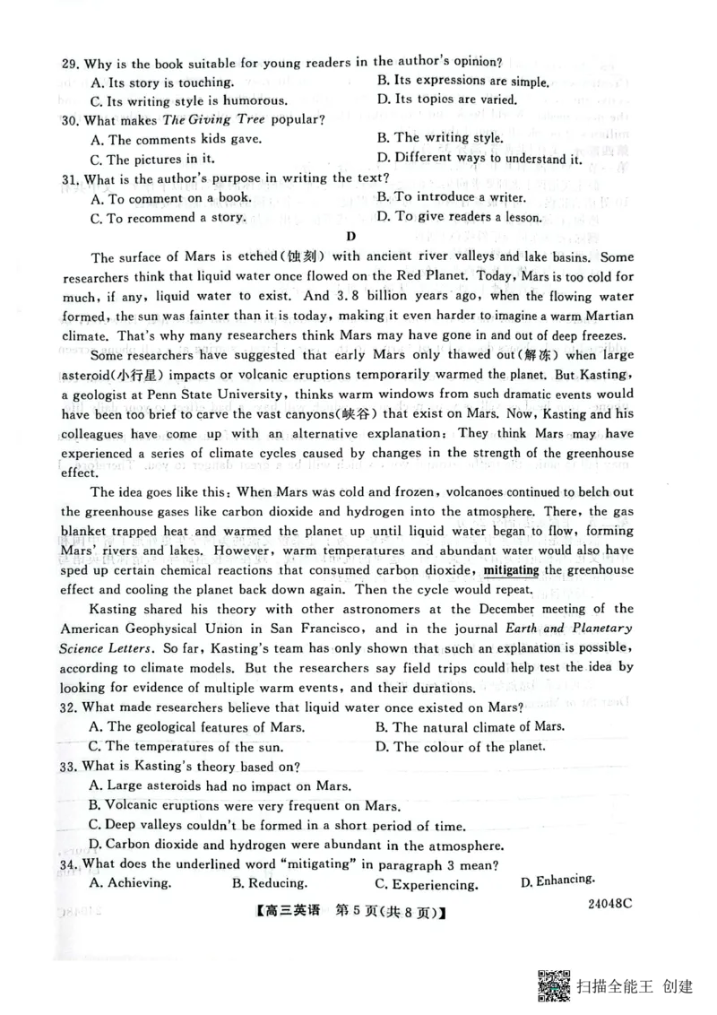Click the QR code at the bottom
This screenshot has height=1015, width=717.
(x=555, y=986)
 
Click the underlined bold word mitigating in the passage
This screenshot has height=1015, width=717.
(x=511, y=570)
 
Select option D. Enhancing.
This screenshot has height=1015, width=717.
(x=557, y=881)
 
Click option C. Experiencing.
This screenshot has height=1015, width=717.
(x=426, y=885)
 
